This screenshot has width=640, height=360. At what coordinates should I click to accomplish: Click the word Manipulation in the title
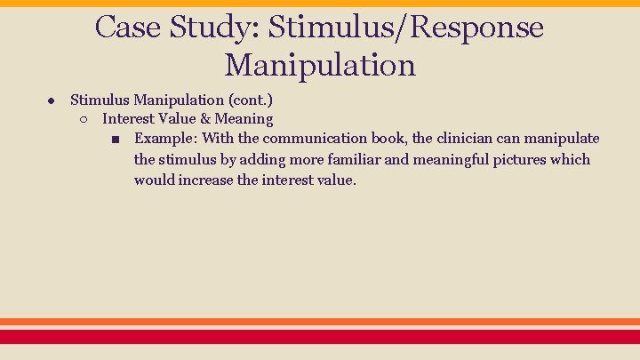pos(320,65)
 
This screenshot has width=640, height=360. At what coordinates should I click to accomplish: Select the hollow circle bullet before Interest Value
pos(83,119)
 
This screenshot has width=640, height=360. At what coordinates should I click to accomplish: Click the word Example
pos(165,139)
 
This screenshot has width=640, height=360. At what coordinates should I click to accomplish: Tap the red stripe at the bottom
pos(320,337)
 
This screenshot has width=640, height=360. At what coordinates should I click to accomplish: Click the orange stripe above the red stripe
pos(320,322)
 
